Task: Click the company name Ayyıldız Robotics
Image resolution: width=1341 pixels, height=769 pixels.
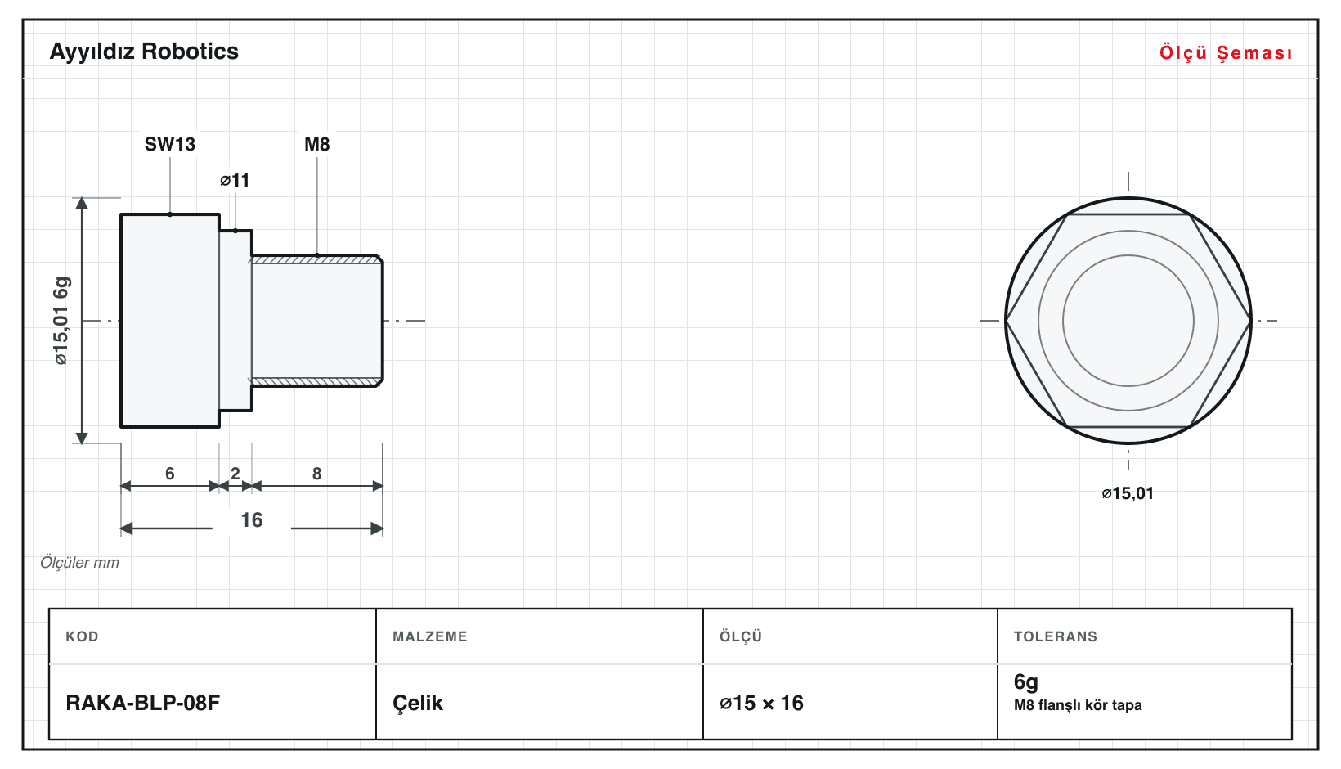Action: tap(144, 52)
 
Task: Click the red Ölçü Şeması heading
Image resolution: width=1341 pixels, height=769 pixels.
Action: tap(1226, 52)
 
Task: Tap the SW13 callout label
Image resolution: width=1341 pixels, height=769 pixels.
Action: tap(170, 144)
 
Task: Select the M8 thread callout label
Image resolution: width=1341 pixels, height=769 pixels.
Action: tap(316, 144)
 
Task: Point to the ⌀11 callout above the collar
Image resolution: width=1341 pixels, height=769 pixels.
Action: tap(235, 180)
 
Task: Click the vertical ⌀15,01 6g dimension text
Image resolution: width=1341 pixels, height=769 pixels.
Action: tap(61, 321)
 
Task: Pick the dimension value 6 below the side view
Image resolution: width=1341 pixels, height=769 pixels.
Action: tap(170, 474)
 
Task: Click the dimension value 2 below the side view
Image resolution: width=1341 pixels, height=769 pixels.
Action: tap(235, 474)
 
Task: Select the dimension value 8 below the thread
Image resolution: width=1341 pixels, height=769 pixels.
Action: tap(316, 474)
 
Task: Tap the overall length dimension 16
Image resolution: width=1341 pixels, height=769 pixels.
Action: tap(252, 519)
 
